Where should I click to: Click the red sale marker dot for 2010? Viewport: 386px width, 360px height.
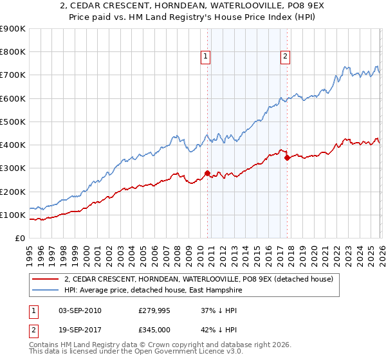(x=207, y=173)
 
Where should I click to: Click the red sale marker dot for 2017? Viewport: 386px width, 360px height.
(x=287, y=157)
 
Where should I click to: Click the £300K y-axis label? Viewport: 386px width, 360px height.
(x=13, y=168)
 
